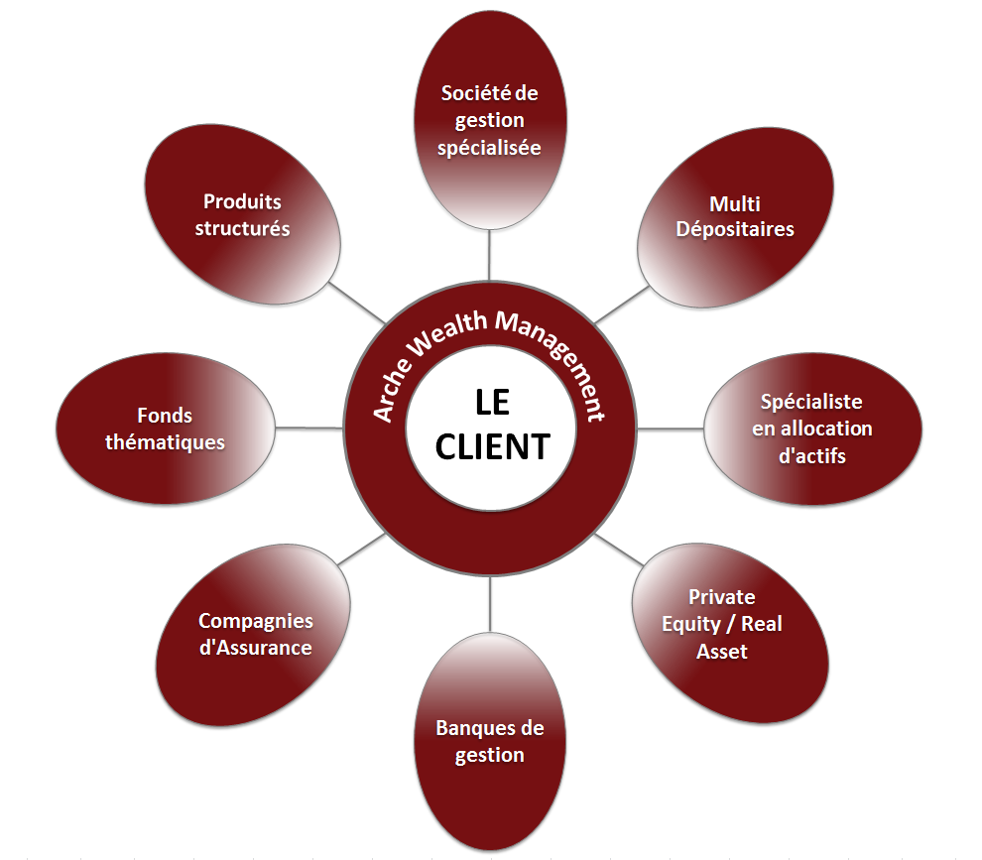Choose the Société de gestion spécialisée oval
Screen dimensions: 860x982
coord(490,120)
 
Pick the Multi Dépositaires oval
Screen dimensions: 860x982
coord(735,216)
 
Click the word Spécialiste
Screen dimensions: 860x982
coord(811,402)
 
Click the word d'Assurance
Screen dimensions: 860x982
coord(256,648)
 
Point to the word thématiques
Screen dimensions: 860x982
coord(166,442)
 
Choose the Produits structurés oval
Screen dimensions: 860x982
coord(242,214)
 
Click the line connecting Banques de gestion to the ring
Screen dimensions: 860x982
coord(490,605)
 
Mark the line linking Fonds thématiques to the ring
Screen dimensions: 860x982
coord(308,428)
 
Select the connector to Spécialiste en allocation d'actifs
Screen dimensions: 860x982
coord(672,429)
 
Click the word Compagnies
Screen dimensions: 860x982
coord(256,621)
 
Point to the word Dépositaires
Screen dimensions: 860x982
coord(735,229)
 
